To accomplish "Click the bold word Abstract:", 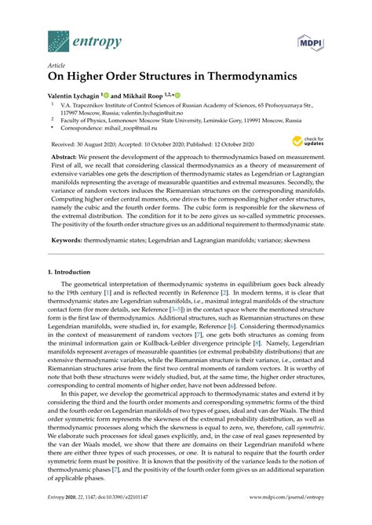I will (x=68, y=157).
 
